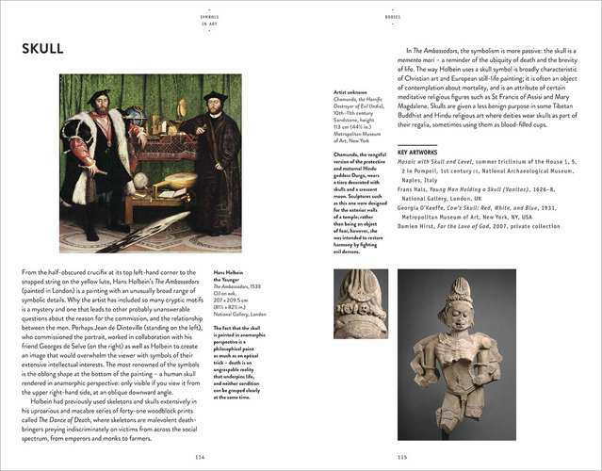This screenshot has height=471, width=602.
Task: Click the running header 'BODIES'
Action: (x=394, y=17)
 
